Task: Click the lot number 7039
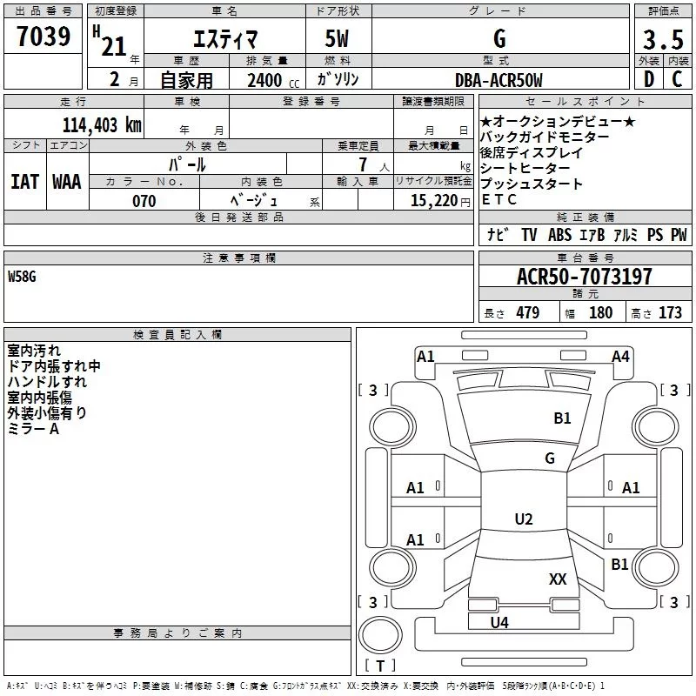[43, 37]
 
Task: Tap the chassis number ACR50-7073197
[584, 277]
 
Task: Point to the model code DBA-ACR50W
[499, 81]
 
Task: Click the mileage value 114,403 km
[101, 125]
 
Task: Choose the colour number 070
[144, 202]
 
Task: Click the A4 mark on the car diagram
[620, 356]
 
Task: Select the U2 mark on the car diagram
[523, 519]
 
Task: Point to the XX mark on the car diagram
[558, 579]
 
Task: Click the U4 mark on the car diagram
[499, 622]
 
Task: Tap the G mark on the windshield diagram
[549, 458]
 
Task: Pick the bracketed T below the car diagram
[379, 666]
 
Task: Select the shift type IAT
[24, 182]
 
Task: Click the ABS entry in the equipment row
[559, 235]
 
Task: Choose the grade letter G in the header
[499, 38]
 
